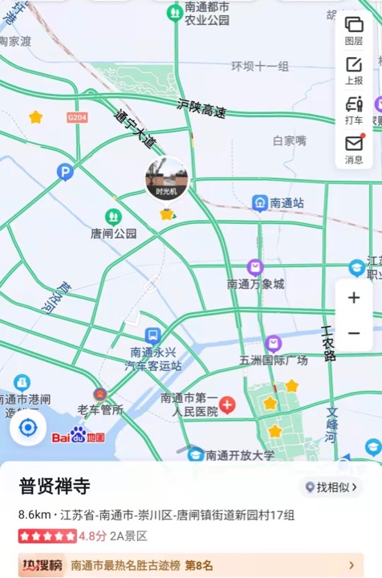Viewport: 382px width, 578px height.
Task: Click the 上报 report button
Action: click(x=354, y=70)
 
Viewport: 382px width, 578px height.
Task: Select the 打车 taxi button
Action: click(x=354, y=109)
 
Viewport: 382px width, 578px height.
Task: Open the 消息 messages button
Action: click(x=354, y=149)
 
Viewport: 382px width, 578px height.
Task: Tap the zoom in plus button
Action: click(x=354, y=298)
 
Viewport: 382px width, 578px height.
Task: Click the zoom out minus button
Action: click(x=354, y=333)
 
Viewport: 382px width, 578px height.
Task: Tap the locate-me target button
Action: click(x=28, y=427)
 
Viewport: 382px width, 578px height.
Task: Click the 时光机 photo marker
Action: click(x=166, y=179)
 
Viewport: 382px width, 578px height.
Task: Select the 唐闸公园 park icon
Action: click(x=113, y=216)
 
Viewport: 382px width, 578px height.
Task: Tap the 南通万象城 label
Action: click(x=255, y=284)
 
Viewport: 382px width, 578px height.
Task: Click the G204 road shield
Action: click(x=77, y=117)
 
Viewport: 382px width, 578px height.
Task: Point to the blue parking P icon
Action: click(x=65, y=171)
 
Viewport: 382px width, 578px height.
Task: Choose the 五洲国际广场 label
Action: click(x=274, y=360)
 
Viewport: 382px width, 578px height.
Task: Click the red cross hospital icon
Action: click(x=228, y=405)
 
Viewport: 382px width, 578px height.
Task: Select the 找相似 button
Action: click(x=331, y=487)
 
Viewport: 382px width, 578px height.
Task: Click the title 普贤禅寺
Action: click(x=55, y=486)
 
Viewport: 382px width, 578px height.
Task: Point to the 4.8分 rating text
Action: click(x=92, y=535)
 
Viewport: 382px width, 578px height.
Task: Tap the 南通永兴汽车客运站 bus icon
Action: click(x=152, y=336)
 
